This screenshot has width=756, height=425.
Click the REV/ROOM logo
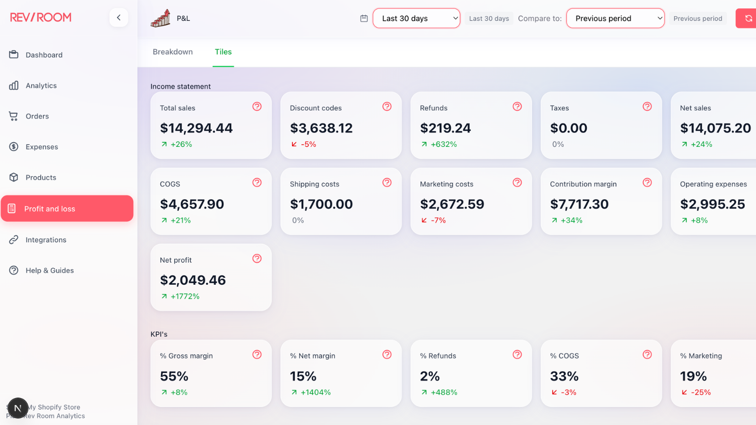pyautogui.click(x=41, y=17)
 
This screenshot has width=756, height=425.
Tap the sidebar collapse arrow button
pyautogui.click(x=119, y=17)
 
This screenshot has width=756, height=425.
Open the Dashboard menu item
pyautogui.click(x=44, y=55)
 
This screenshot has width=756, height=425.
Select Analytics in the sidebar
pyautogui.click(x=41, y=85)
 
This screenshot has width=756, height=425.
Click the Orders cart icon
pyautogui.click(x=13, y=116)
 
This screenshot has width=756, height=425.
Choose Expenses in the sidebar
pyautogui.click(x=42, y=147)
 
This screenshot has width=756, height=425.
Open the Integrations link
pyautogui.click(x=46, y=240)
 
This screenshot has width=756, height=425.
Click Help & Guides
pyautogui.click(x=50, y=271)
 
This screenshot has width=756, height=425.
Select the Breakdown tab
pyautogui.click(x=173, y=51)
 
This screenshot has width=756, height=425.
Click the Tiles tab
pyautogui.click(x=223, y=51)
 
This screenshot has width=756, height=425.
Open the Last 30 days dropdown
pyautogui.click(x=416, y=18)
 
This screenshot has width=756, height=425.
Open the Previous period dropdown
pyautogui.click(x=615, y=18)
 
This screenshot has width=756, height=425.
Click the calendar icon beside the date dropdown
pyautogui.click(x=364, y=18)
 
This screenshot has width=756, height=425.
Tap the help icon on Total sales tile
pyautogui.click(x=257, y=107)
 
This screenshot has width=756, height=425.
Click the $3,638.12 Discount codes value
pyautogui.click(x=321, y=128)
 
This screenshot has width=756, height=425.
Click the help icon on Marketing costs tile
pyautogui.click(x=517, y=182)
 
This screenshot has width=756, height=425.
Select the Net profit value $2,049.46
pyautogui.click(x=193, y=280)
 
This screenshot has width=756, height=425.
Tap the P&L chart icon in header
pyautogui.click(x=161, y=18)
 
